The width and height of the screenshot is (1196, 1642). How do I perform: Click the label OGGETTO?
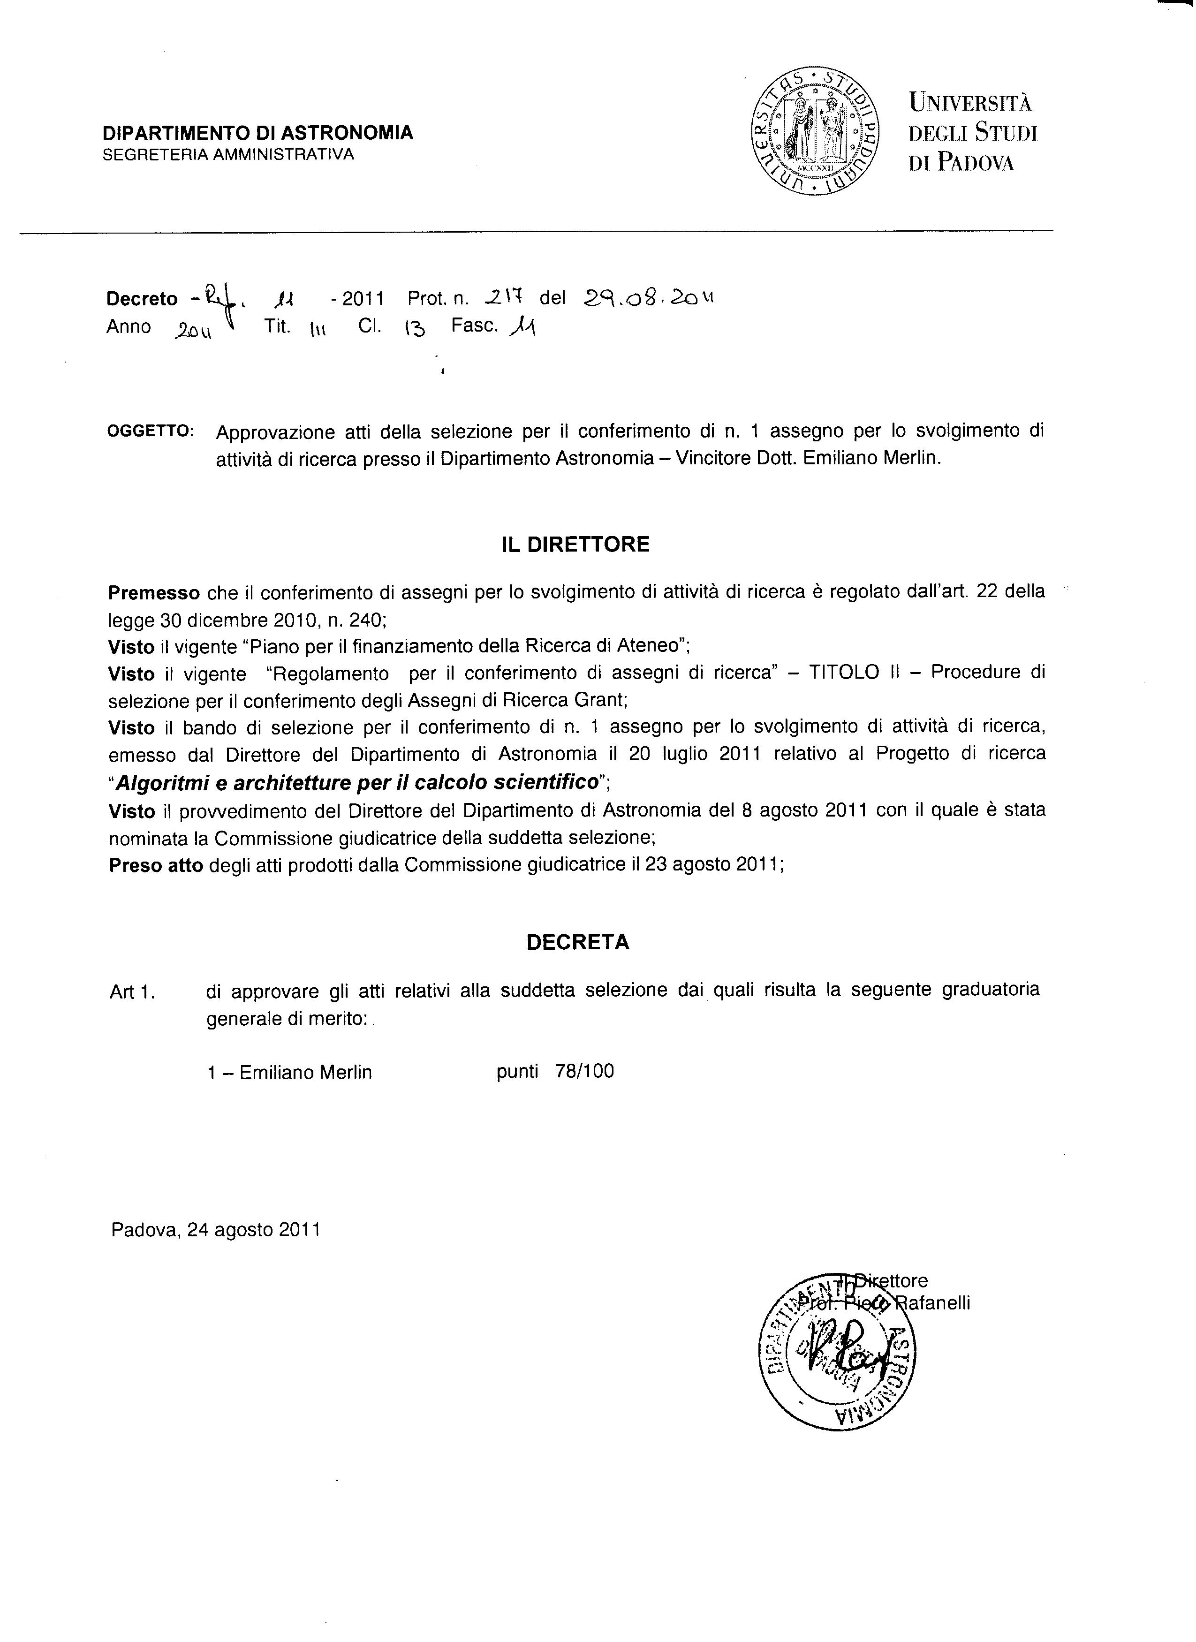(151, 431)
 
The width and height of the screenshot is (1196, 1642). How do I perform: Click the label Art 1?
(132, 992)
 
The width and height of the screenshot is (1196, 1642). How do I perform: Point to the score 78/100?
(584, 1072)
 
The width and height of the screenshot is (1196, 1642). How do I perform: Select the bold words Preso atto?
(156, 865)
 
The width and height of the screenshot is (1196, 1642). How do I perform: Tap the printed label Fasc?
(474, 326)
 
